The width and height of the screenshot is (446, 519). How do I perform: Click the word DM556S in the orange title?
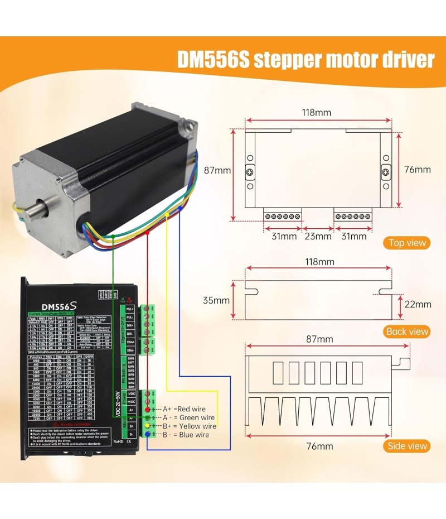click(212, 59)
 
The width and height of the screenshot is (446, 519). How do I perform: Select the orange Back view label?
click(408, 331)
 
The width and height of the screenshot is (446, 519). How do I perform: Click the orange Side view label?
click(408, 446)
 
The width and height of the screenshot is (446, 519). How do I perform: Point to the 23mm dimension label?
click(318, 237)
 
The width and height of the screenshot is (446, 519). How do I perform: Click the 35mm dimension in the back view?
click(216, 300)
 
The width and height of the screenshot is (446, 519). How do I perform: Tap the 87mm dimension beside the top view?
click(216, 170)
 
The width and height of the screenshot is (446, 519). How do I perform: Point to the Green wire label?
click(197, 417)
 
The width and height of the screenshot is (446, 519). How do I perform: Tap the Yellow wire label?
click(198, 426)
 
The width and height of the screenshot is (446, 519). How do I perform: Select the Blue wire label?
click(195, 434)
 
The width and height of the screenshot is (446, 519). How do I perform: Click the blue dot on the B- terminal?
click(147, 434)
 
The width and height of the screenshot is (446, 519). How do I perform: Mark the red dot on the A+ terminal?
click(147, 410)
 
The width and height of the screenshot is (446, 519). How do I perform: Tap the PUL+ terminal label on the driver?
click(130, 309)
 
